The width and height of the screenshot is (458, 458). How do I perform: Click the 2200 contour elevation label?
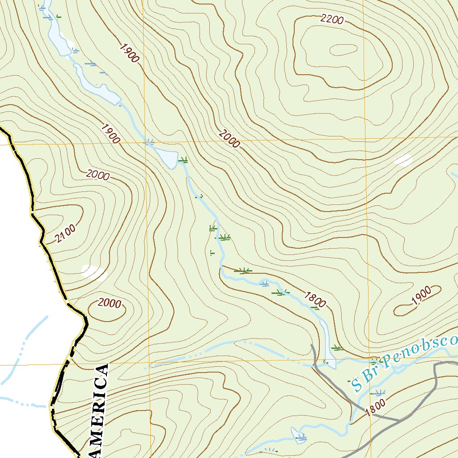click(332, 19)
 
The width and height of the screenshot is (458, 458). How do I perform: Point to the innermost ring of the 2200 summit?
click(343, 49)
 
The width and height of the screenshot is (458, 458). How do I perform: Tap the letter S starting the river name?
click(356, 383)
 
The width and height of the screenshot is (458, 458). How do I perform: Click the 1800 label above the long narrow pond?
click(315, 298)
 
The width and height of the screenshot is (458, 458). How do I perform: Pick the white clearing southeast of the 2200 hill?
click(403, 160)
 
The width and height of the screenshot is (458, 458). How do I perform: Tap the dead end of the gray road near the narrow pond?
click(312, 345)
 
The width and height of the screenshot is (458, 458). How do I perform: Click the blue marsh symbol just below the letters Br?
click(378, 393)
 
